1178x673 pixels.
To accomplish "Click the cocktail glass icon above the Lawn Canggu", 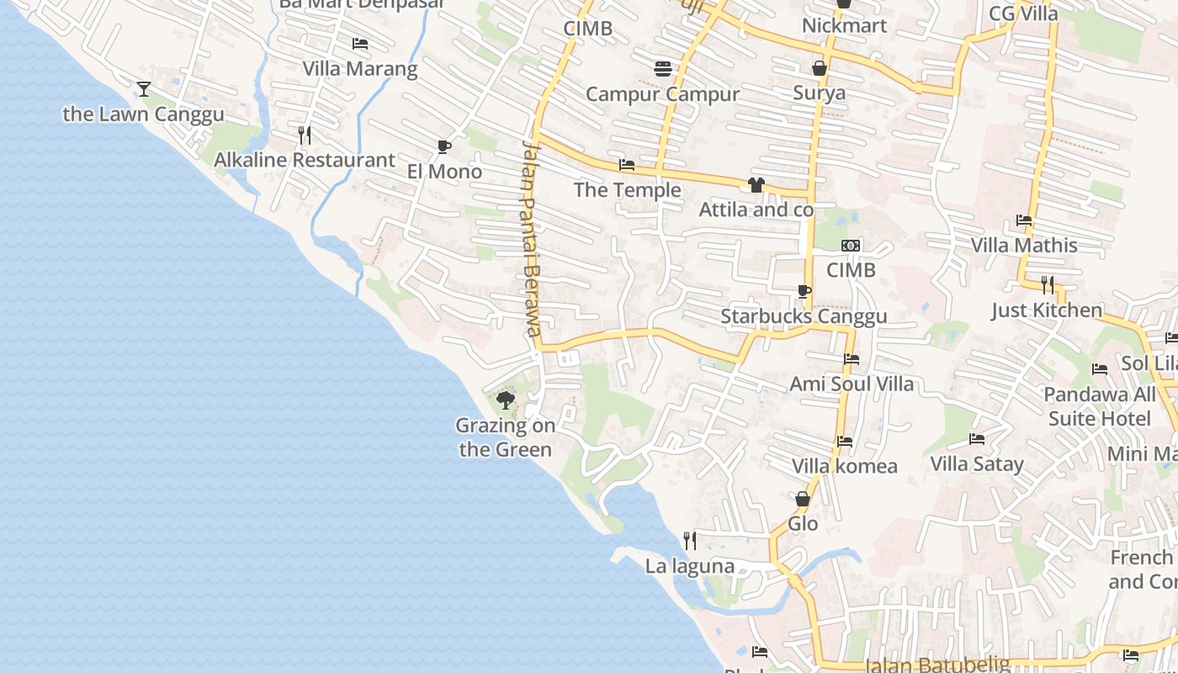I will click(x=144, y=87).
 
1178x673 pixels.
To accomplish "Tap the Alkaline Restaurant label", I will click(x=304, y=160).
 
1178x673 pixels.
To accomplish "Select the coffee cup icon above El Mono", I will click(x=444, y=147).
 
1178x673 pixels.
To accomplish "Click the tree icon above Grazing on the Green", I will click(x=506, y=400).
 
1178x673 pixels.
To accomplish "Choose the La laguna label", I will click(x=689, y=566).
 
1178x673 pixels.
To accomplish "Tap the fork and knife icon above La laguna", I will click(x=690, y=540).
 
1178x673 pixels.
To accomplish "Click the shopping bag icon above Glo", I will click(x=803, y=499).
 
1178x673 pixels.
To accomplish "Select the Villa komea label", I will click(x=844, y=466).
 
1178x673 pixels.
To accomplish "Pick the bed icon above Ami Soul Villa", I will click(x=852, y=359).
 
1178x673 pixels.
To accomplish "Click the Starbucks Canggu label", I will click(x=804, y=316).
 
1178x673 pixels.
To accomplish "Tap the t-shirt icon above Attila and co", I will click(x=756, y=185).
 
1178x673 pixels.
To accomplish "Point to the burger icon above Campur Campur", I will click(x=663, y=68).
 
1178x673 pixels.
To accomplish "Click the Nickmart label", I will click(x=844, y=25).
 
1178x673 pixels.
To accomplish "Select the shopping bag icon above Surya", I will click(x=820, y=68).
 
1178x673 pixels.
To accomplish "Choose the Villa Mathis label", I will click(x=1024, y=246).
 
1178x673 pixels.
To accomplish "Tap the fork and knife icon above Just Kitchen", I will click(x=1047, y=284).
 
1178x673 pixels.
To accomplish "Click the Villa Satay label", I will click(x=977, y=464).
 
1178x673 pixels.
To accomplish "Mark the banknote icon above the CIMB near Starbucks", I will click(x=851, y=246).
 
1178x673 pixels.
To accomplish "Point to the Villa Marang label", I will click(x=360, y=69).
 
